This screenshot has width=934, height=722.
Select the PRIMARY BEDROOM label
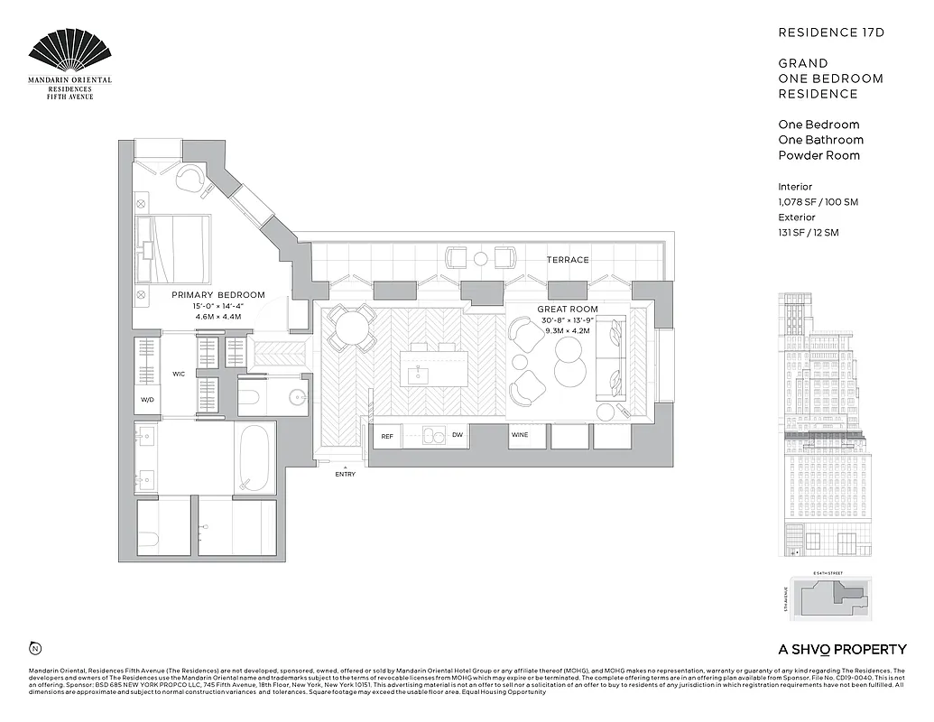tap(218, 295)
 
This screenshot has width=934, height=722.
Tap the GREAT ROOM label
tap(568, 310)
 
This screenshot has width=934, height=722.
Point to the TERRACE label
tap(568, 260)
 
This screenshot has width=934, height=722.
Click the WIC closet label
tap(179, 373)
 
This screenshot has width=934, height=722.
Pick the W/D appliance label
tap(147, 398)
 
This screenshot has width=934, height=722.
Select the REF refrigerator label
tap(387, 436)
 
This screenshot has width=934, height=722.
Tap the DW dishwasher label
tap(458, 436)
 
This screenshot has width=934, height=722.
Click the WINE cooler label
tap(520, 436)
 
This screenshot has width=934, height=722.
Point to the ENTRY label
tap(345, 474)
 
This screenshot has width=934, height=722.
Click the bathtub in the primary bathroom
tap(254, 458)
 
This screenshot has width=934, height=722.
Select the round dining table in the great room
tap(350, 328)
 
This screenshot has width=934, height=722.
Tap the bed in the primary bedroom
tap(174, 246)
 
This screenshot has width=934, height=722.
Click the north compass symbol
tap(34, 648)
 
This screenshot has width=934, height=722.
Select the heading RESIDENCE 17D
tap(831, 32)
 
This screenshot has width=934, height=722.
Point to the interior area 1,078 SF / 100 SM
tap(818, 202)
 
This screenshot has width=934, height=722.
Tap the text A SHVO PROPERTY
tap(842, 649)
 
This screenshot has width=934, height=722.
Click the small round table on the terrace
tap(480, 259)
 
